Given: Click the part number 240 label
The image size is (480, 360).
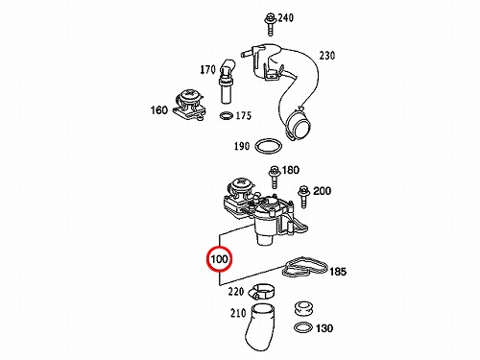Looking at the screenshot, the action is [286, 18].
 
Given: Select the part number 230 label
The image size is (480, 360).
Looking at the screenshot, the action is [327, 56].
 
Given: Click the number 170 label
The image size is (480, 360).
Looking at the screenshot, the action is [208, 69].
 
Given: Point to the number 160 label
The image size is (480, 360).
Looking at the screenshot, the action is [159, 110].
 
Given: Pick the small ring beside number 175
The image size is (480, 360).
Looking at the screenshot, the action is [227, 116].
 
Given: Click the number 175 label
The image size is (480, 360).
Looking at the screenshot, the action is [244, 115].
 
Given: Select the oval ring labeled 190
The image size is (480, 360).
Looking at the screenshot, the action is [269, 147].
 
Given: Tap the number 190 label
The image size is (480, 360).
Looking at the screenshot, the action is [242, 146].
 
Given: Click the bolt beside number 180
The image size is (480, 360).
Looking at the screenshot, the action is [275, 177].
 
